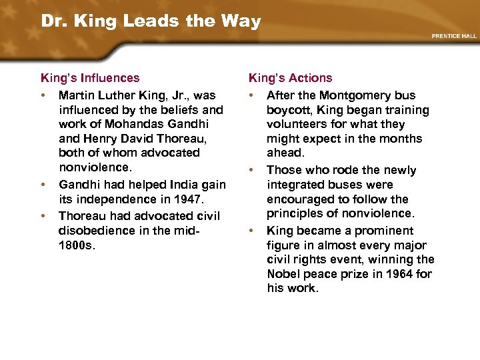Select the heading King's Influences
coord(90,78)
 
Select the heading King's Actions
coord(290,78)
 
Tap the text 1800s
coord(78,245)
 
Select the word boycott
coord(288,110)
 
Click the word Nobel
coord(284,273)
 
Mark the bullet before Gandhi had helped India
coord(43,184)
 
